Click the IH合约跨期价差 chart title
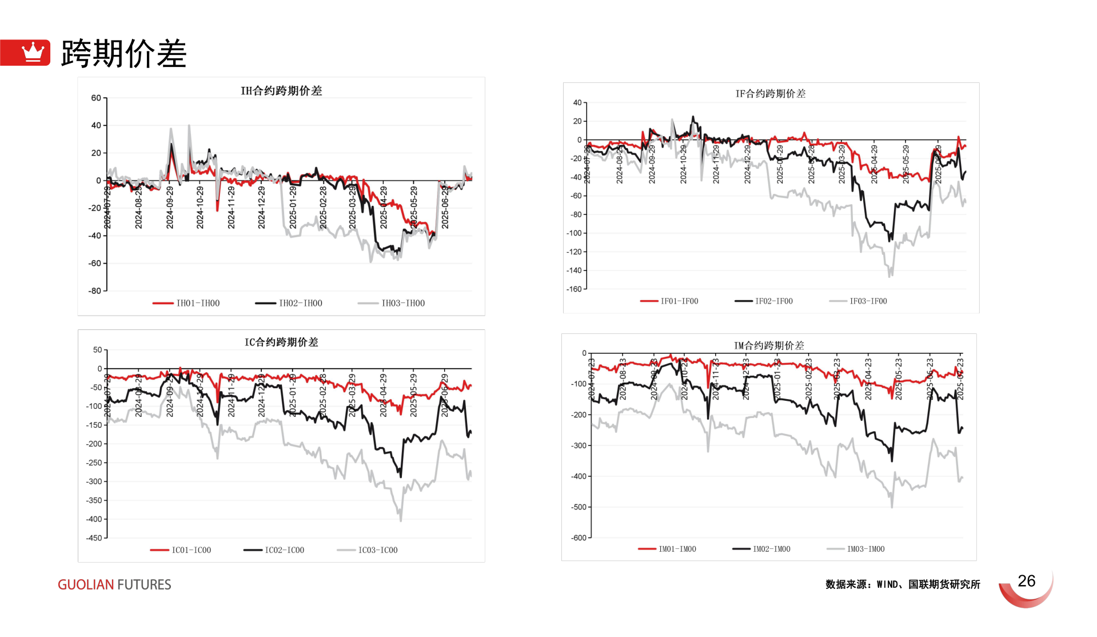click(x=281, y=91)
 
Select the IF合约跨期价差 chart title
click(x=770, y=94)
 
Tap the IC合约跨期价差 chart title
click(x=281, y=343)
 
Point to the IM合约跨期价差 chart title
click(x=769, y=345)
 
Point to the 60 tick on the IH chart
click(x=96, y=98)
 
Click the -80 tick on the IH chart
click(x=94, y=290)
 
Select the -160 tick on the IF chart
click(x=574, y=289)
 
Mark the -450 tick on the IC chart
click(x=94, y=538)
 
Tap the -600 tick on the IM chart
click(x=579, y=538)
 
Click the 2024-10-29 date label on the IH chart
click(x=200, y=207)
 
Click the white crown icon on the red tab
click(x=33, y=52)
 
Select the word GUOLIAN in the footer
click(x=86, y=584)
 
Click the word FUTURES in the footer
click(x=144, y=584)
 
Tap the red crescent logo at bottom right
click(x=1027, y=592)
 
